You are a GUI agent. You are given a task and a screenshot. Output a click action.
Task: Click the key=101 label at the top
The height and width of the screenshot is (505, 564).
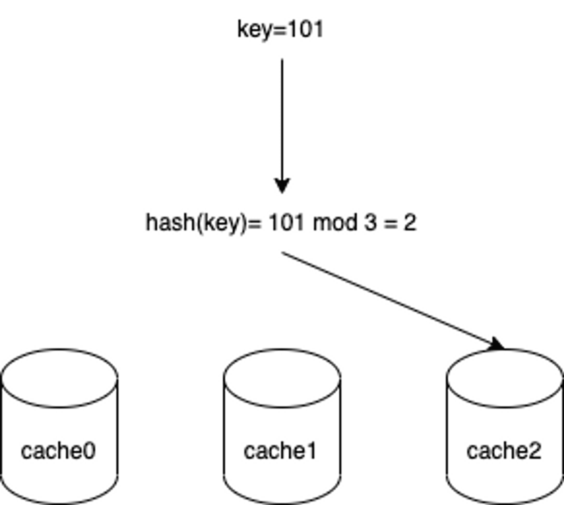pyautogui.click(x=280, y=29)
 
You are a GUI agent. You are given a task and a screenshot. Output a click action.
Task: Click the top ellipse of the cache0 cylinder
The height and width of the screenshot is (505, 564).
pyautogui.click(x=60, y=407)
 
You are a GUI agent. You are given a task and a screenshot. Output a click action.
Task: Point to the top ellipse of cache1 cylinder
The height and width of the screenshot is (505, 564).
pyautogui.click(x=282, y=407)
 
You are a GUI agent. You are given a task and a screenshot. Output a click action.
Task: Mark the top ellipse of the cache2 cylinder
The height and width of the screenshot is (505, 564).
pyautogui.click(x=505, y=407)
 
